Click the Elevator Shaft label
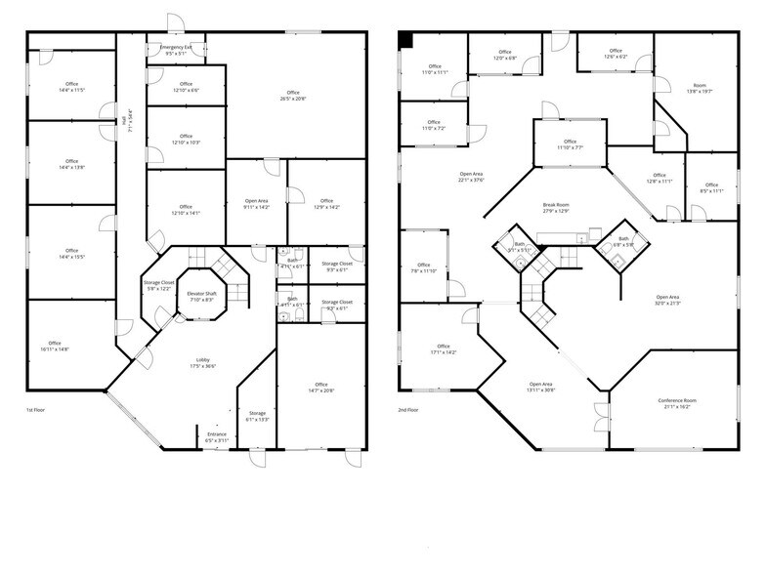pyautogui.click(x=203, y=296)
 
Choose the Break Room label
pyautogui.click(x=556, y=207)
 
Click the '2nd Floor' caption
pyautogui.click(x=409, y=411)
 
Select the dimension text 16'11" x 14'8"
pyautogui.click(x=56, y=348)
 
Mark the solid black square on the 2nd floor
pyautogui.click(x=404, y=39)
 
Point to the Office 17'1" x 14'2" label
pyautogui.click(x=444, y=348)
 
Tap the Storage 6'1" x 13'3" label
pyautogui.click(x=257, y=417)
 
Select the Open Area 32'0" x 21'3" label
pyautogui.click(x=667, y=300)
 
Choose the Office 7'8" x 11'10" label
pyautogui.click(x=423, y=267)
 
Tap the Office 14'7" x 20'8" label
pyautogui.click(x=320, y=388)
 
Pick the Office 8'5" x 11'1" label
pyautogui.click(x=711, y=188)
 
